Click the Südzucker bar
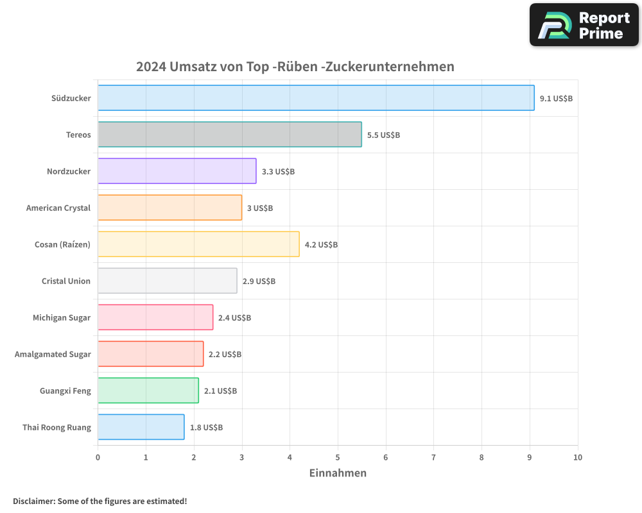tap(316, 98)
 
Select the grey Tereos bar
tap(230, 135)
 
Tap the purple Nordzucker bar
tap(177, 171)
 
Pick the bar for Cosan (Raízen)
tap(198, 244)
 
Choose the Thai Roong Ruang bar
tap(141, 427)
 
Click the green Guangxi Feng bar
tap(148, 391)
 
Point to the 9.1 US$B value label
tap(556, 99)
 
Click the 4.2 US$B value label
tap(321, 245)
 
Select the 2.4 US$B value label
tap(234, 318)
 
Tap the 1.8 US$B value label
tap(206, 428)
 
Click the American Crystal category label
tap(58, 208)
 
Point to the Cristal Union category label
tap(66, 282)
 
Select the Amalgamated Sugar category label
tap(53, 355)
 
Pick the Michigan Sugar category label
tap(62, 318)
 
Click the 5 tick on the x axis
tap(338, 457)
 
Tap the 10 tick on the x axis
tap(577, 457)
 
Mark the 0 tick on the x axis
tap(98, 457)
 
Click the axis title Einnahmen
tap(338, 473)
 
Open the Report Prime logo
tap(584, 25)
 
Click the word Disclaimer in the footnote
tap(33, 501)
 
